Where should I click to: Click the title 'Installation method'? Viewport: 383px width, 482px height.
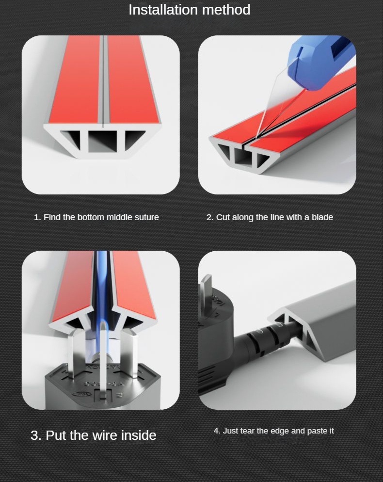[x=189, y=10]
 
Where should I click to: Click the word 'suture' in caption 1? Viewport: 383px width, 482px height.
[x=146, y=217]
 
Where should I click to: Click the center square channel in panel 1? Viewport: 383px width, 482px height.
[x=102, y=142]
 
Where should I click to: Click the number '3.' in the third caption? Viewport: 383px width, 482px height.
[x=36, y=435]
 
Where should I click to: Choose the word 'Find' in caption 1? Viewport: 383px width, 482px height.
[x=51, y=217]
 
